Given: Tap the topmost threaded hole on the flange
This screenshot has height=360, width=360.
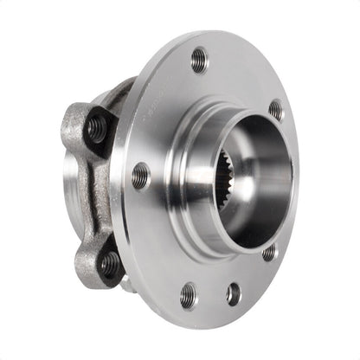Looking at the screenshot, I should pos(199,60).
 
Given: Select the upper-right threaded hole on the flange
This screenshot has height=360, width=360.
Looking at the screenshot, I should pos(276,110).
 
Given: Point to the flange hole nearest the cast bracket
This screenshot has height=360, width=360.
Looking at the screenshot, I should pos(140,177).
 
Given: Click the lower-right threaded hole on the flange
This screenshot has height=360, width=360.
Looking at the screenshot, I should pos(270,252).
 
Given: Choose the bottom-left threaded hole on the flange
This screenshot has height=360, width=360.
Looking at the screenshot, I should pos(188,295).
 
